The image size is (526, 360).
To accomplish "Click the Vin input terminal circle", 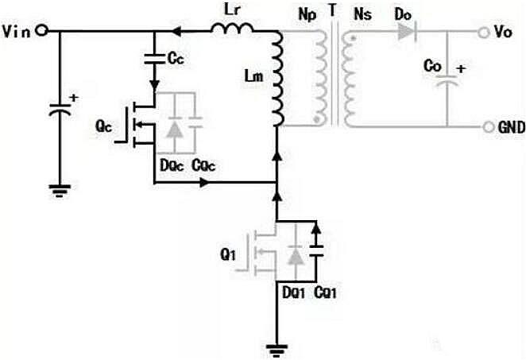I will (41, 31).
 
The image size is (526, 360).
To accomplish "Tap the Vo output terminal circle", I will (482, 32).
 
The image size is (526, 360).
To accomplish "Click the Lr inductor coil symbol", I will (232, 29).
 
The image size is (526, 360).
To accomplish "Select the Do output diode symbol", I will (405, 32).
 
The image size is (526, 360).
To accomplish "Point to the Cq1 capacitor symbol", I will (317, 250).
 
